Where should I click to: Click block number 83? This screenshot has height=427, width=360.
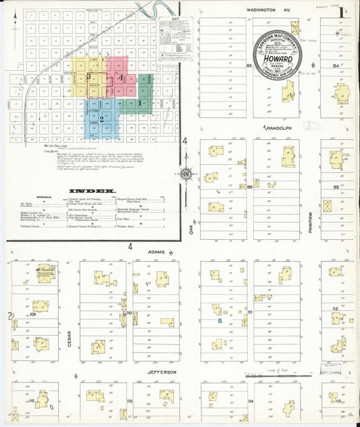coord(249,66)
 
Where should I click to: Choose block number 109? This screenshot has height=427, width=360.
coord(32,315)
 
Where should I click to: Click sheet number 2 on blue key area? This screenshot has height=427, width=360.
coord(101,119)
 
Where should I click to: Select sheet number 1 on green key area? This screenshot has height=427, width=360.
coord(140,103)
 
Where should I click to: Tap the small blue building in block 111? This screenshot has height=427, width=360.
coord(220,321)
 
